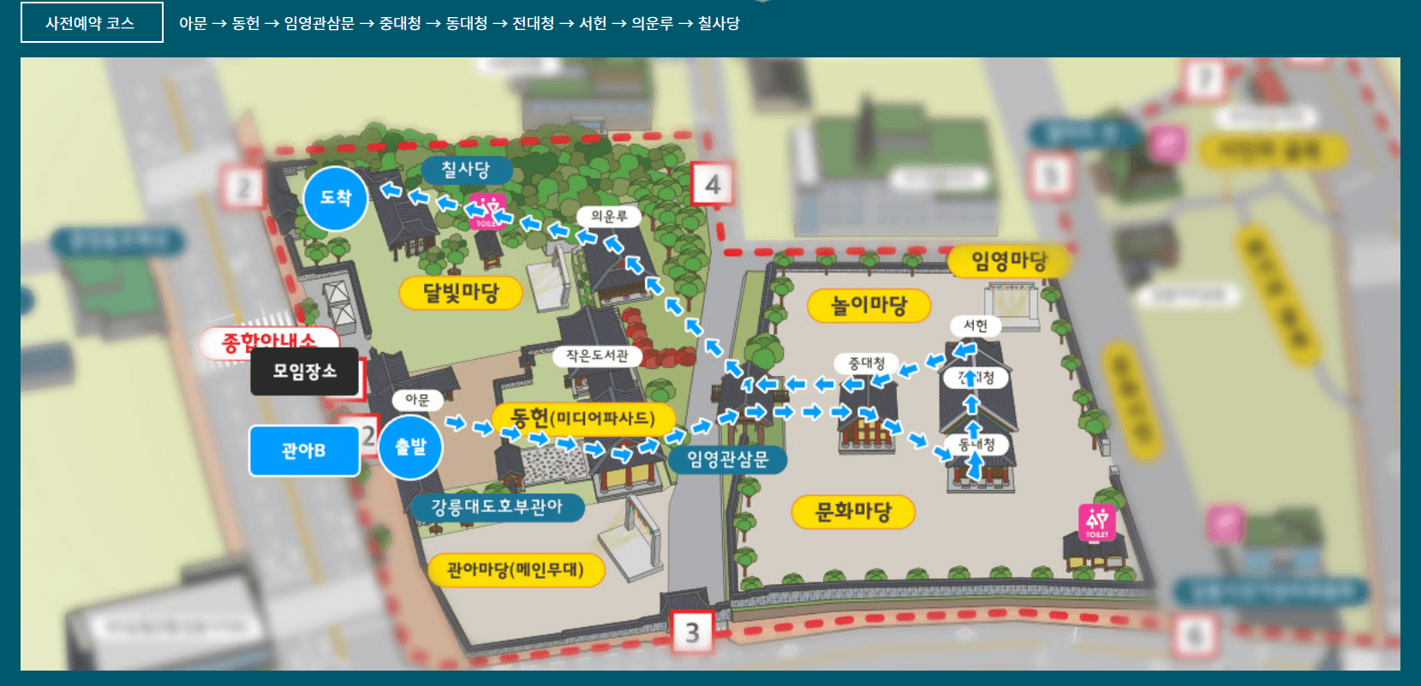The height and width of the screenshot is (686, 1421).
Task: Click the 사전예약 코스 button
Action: point(91,23)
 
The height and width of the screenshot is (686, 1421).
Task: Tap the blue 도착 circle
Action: point(336,199)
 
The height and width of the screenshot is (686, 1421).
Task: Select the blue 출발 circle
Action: point(410,446)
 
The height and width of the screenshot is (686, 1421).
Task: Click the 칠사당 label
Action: point(465,170)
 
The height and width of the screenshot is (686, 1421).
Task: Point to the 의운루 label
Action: point(609,217)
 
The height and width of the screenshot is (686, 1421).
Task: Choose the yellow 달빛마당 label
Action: point(461,293)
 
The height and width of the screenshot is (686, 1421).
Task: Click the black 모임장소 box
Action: point(305,372)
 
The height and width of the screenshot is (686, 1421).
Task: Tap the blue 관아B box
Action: point(304,450)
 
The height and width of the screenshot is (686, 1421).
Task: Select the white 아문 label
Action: point(417,400)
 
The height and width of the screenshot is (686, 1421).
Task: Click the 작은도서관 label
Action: point(597,355)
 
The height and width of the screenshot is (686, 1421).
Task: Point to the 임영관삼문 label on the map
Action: point(727,460)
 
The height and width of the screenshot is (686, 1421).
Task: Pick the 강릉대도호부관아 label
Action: point(497,507)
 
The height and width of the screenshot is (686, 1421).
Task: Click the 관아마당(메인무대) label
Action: point(516,570)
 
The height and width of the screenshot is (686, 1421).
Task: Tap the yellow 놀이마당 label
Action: point(869,305)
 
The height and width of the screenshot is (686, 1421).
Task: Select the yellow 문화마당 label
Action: point(853,512)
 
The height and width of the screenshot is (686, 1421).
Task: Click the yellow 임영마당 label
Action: point(1008,260)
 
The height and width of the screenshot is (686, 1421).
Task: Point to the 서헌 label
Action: point(975,325)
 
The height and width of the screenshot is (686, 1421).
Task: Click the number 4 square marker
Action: point(713,184)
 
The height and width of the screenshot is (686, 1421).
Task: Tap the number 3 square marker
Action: point(692,633)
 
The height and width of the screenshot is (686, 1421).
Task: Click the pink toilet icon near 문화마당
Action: point(1097,522)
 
